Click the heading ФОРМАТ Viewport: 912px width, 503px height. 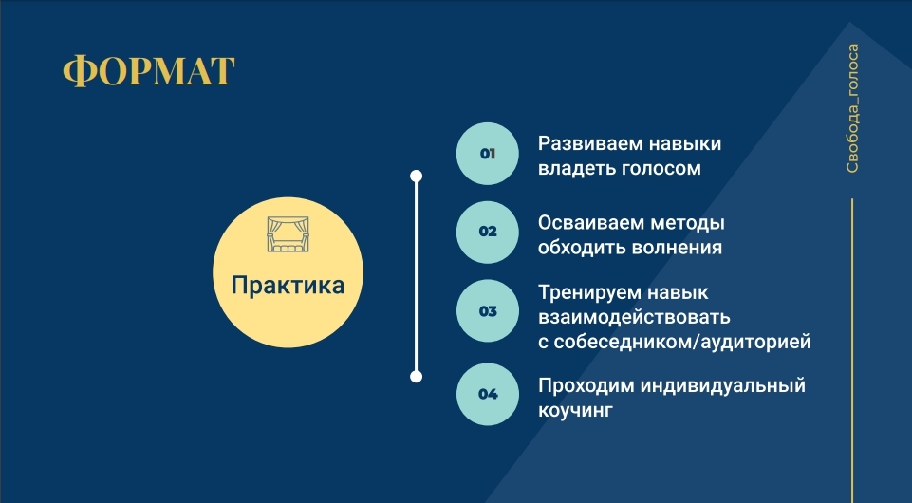click(148, 71)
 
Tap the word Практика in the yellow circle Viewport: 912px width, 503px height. click(288, 286)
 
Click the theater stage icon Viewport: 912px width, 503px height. click(288, 234)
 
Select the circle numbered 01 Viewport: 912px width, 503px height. click(488, 154)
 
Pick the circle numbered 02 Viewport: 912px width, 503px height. click(488, 232)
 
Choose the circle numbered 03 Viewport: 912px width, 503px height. click(488, 311)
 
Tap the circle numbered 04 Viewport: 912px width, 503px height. click(488, 394)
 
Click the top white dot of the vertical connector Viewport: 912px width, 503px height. click(416, 176)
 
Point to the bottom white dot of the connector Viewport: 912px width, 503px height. click(416, 376)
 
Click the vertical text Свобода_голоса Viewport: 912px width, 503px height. click(852, 108)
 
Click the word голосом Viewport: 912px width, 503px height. click(661, 169)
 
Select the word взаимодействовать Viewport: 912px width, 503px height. click(634, 318)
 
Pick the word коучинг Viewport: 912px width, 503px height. click(575, 411)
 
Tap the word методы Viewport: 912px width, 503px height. click(687, 223)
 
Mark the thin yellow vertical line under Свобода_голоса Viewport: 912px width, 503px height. click(852, 350)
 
